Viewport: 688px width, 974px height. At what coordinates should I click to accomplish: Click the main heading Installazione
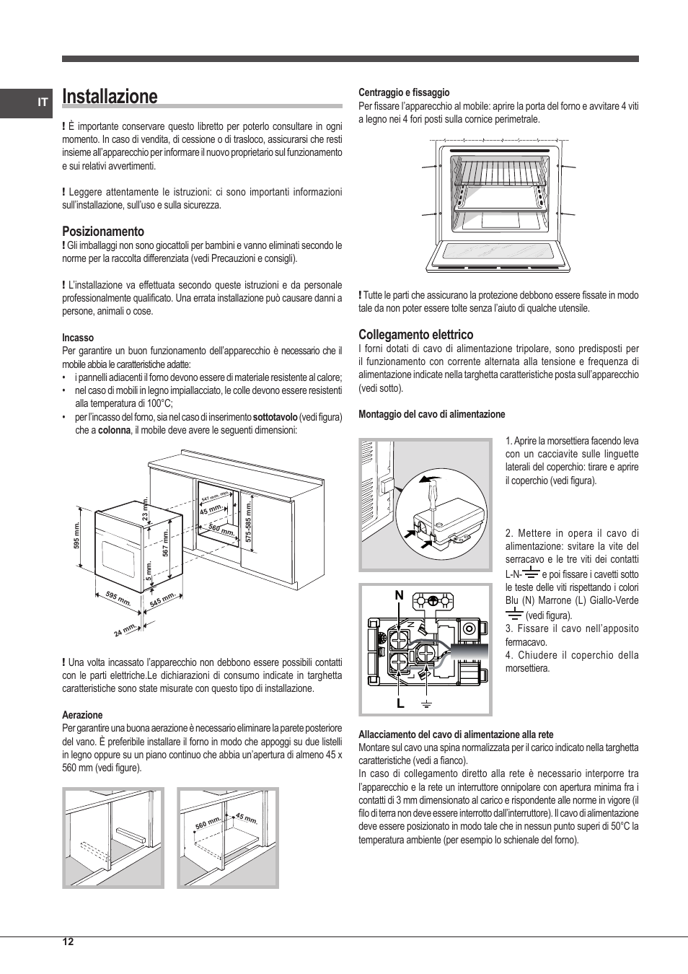[110, 97]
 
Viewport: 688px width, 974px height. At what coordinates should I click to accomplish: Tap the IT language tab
[43, 102]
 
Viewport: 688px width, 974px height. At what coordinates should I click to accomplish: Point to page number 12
[68, 942]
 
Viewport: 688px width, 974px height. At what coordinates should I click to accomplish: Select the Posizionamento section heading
[102, 232]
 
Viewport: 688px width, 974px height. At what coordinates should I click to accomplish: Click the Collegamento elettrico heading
[415, 335]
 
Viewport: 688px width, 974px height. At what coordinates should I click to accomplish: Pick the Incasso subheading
[78, 338]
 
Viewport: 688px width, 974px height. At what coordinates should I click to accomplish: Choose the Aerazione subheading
[82, 715]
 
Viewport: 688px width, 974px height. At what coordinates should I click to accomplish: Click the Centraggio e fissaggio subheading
[404, 92]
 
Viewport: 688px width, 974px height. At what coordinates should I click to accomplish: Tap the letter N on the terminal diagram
[399, 595]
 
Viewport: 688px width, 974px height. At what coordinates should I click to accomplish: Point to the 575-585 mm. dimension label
[247, 519]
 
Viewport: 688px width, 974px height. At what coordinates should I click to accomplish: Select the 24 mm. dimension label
[125, 630]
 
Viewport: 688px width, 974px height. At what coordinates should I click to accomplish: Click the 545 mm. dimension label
[163, 600]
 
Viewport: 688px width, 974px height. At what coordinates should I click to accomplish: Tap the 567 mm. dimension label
[165, 543]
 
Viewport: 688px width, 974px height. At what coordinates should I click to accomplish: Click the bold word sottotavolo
[275, 417]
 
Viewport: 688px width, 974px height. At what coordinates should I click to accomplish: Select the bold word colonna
[114, 430]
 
